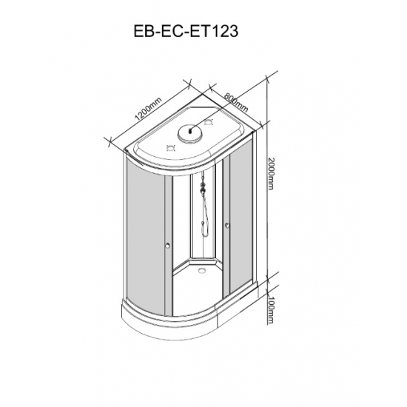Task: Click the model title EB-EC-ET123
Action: tap(186, 31)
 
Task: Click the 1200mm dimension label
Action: tap(149, 109)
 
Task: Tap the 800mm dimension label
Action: tap(236, 102)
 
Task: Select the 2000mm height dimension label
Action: tap(270, 173)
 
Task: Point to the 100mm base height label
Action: tap(270, 311)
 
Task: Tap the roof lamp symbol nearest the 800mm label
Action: tap(209, 122)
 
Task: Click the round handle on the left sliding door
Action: tap(168, 245)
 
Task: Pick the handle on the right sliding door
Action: tap(227, 226)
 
